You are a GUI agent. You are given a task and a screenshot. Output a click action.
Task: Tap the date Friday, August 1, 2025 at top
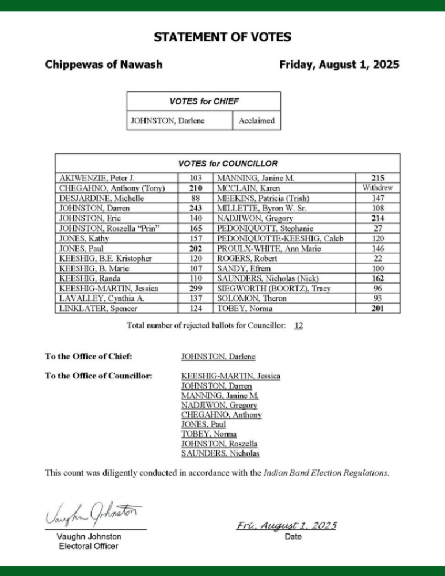[x=339, y=65]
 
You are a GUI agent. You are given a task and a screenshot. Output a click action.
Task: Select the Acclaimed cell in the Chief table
[x=256, y=121]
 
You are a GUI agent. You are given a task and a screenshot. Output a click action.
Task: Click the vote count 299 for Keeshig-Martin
[x=196, y=288]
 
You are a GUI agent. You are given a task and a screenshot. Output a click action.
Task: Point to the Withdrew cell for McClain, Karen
[x=378, y=188]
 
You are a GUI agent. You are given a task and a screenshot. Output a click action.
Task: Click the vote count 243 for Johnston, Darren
[x=196, y=208]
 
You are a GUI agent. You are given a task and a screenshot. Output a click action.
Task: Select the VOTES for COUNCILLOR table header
[x=228, y=164]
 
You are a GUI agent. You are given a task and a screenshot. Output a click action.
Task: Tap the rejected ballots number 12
[x=298, y=325]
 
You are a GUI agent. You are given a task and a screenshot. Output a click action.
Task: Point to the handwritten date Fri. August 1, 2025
[x=286, y=526]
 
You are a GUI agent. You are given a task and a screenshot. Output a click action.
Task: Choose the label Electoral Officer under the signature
[x=89, y=546]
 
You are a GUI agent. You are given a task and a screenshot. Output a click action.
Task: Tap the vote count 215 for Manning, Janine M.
[x=378, y=178]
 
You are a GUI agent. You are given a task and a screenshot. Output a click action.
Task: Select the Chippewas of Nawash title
[x=104, y=65]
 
